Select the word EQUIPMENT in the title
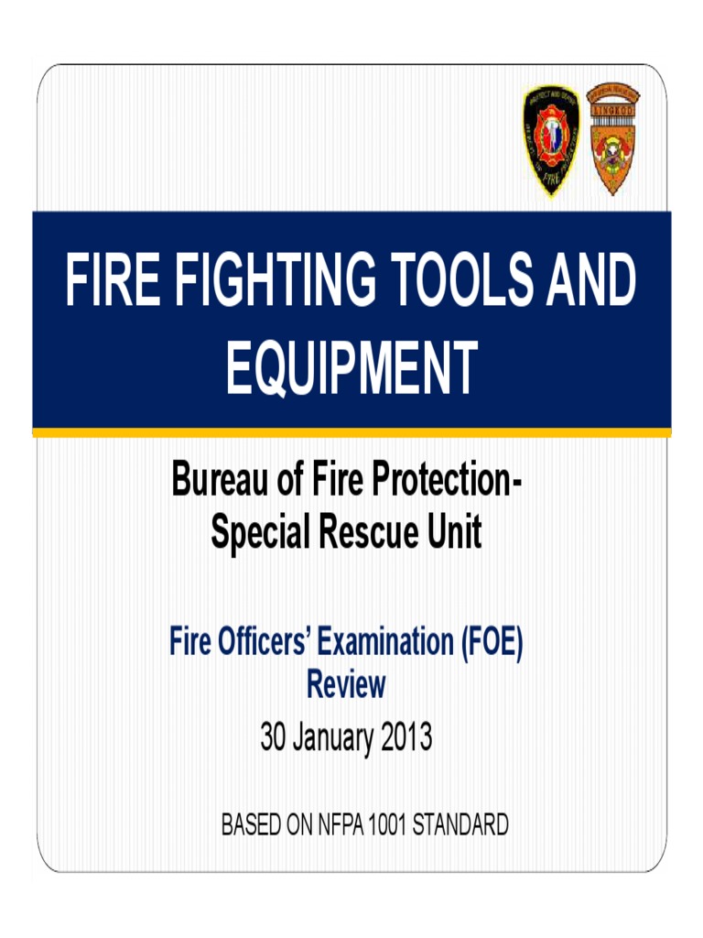pos(351,366)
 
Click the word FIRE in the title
pos(105,281)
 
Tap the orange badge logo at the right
pos(612,138)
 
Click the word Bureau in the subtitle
pos(215,480)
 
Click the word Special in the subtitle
pos(259,534)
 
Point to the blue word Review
pos(346,683)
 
